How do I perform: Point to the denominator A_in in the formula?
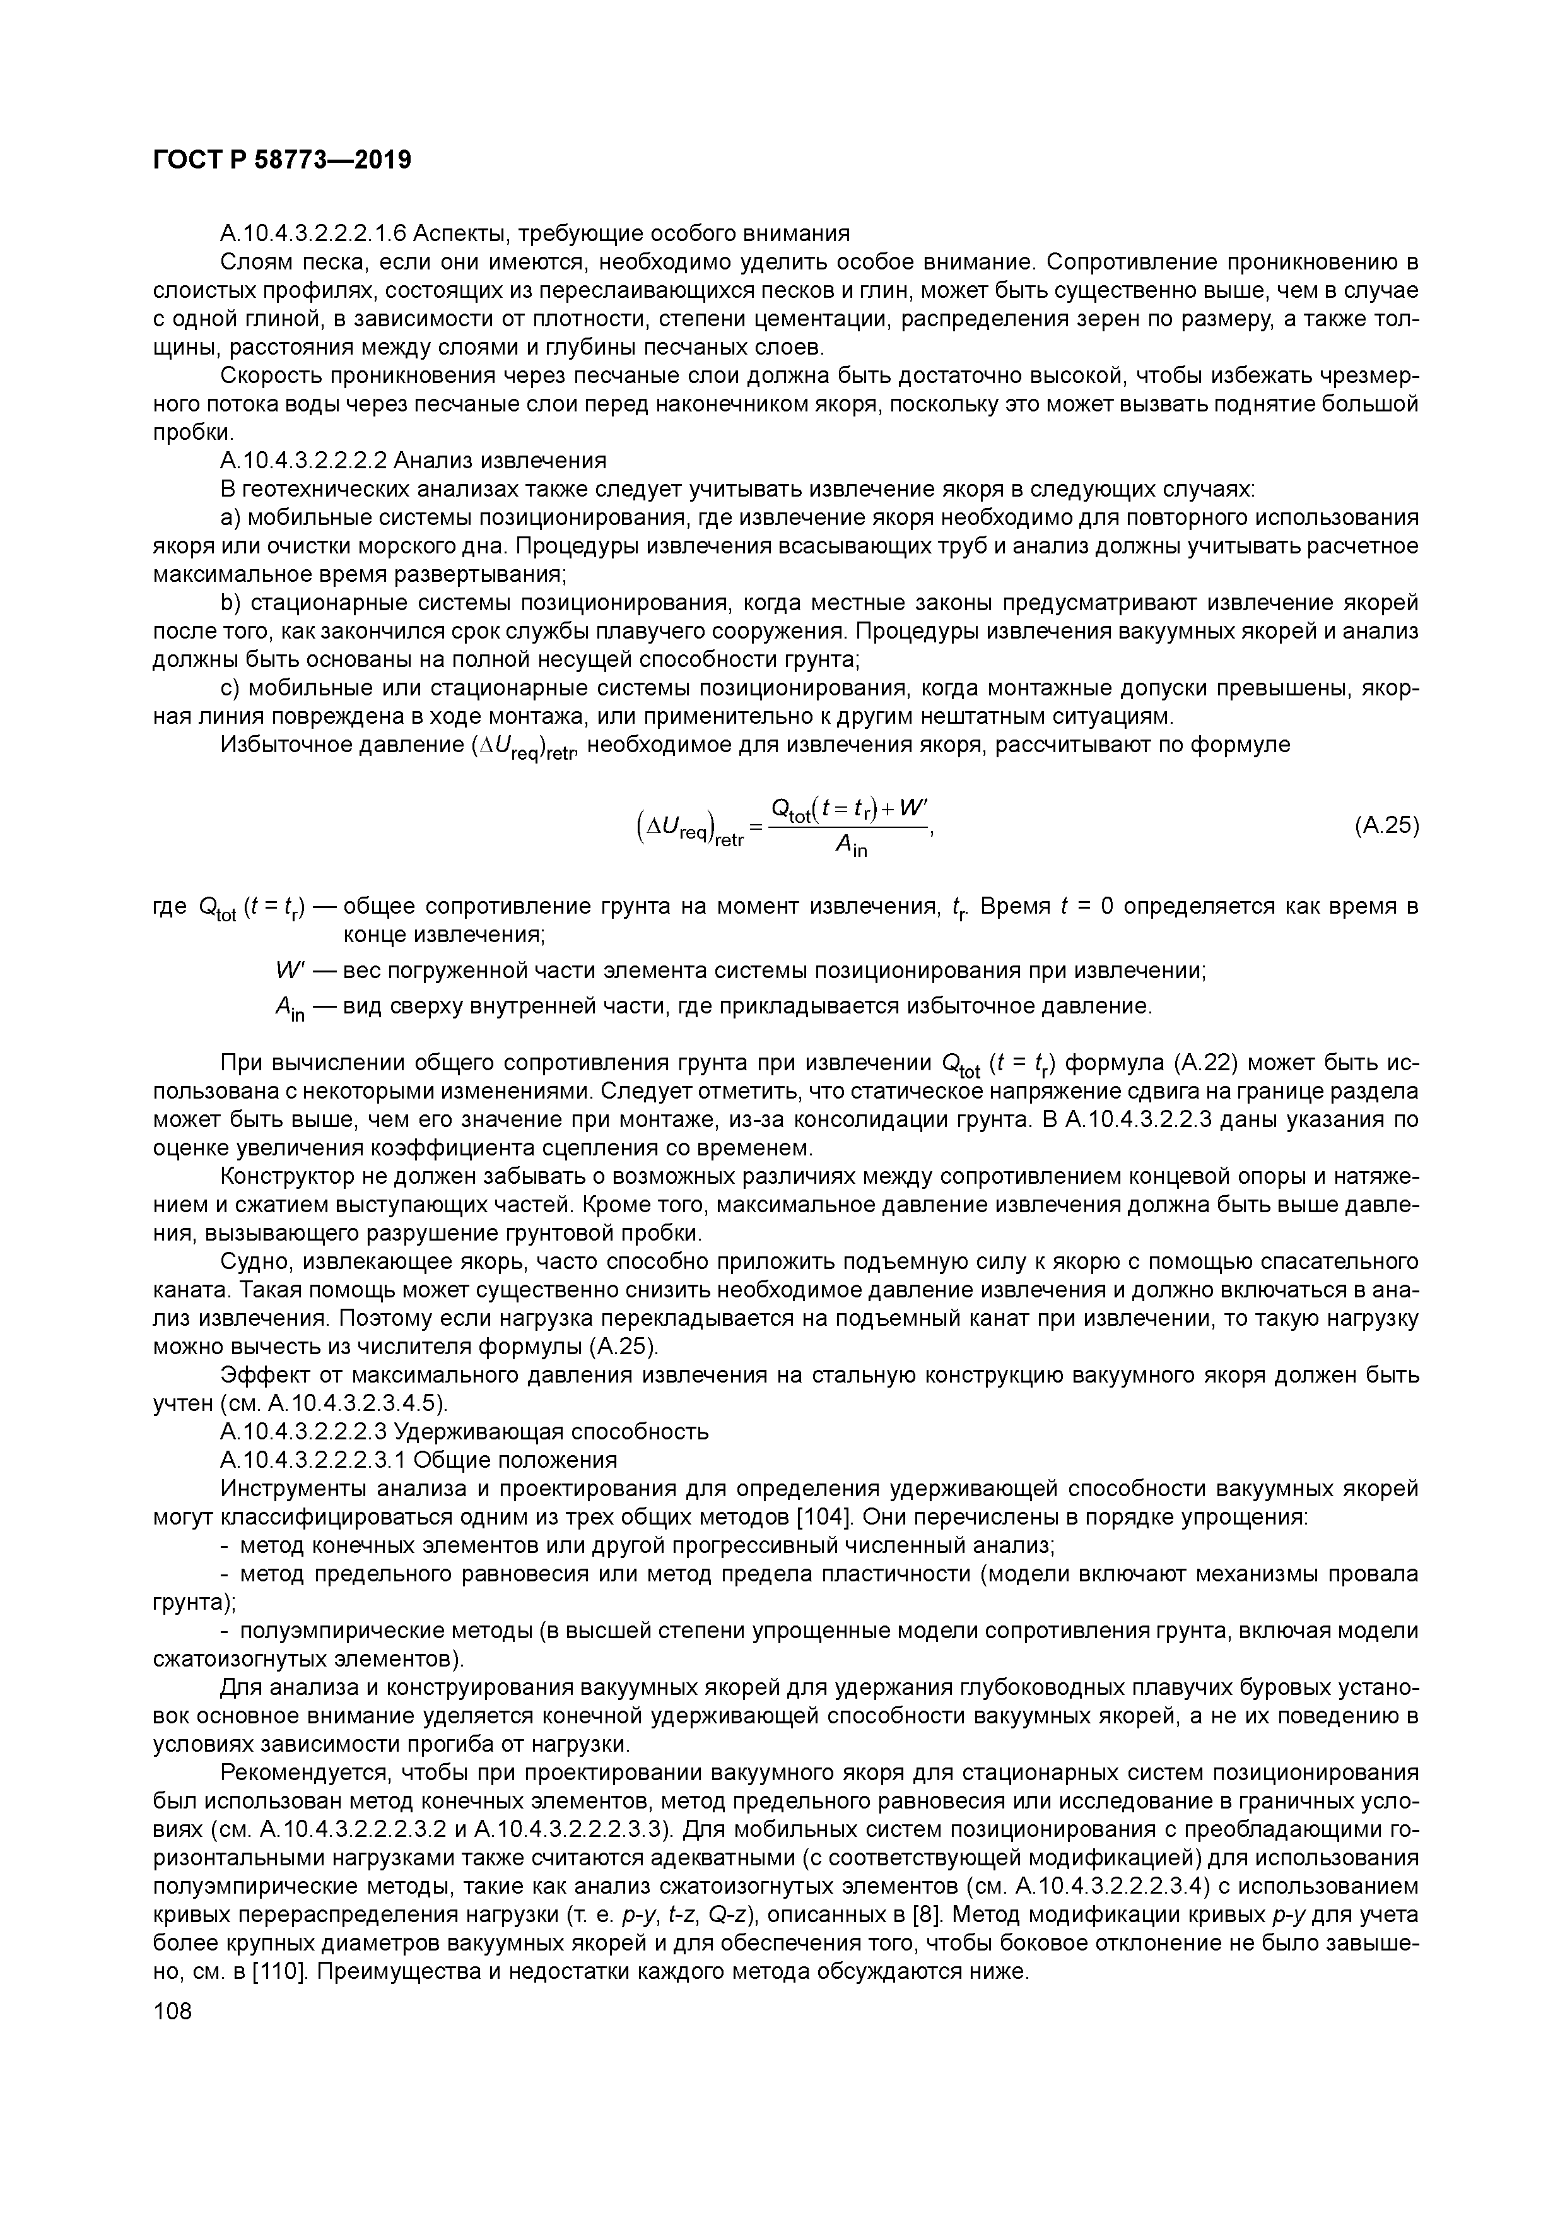click(x=851, y=846)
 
